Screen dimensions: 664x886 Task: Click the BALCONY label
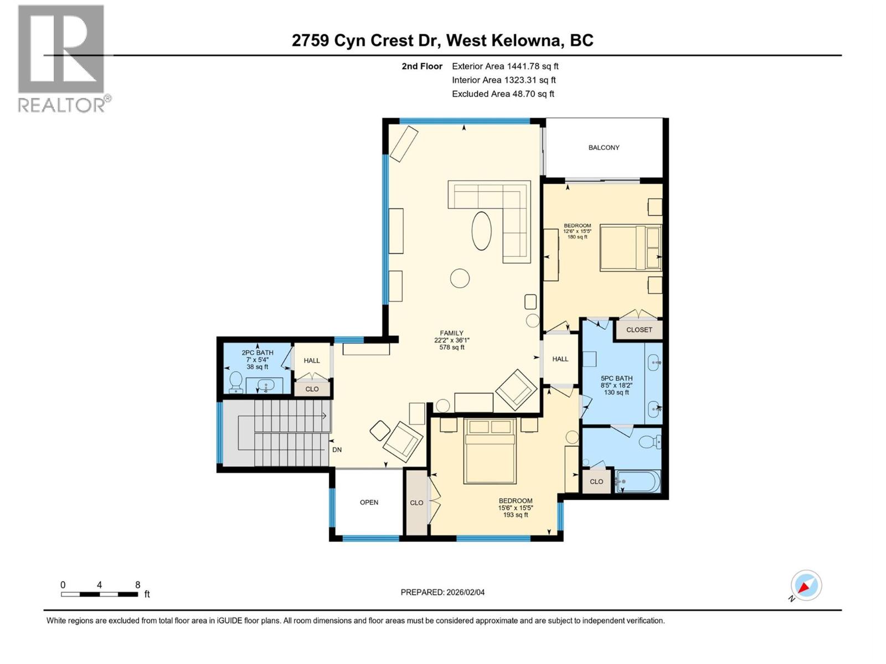[604, 148]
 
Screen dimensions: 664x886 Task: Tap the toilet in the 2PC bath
[236, 382]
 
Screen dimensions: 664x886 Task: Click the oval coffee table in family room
[481, 231]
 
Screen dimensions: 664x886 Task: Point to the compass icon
[806, 585]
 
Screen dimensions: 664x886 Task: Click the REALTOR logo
[61, 58]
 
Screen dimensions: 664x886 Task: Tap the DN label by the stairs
[337, 450]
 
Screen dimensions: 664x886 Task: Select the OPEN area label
[369, 502]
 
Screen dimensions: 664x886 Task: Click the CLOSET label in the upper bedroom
[639, 330]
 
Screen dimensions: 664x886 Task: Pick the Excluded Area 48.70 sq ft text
[503, 94]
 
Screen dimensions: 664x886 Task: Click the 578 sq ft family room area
[452, 347]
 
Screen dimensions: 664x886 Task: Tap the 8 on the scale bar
[137, 585]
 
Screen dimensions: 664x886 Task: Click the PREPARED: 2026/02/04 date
[442, 592]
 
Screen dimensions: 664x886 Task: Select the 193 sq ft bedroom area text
[516, 515]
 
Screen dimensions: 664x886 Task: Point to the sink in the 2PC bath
[266, 385]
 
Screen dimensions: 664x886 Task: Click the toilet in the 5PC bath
[648, 442]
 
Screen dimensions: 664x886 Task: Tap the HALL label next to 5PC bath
[560, 359]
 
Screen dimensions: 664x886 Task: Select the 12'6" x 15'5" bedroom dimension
[577, 231]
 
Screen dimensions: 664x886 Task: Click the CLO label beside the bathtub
[596, 482]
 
